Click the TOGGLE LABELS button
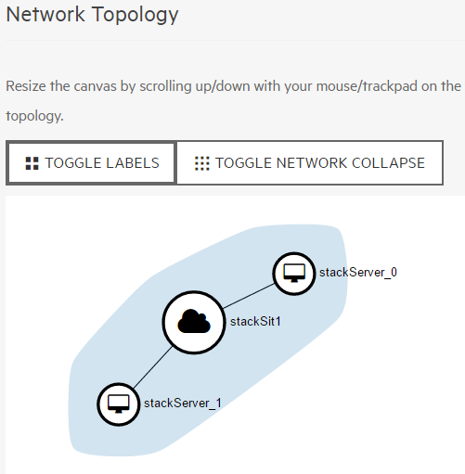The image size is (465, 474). pos(91,163)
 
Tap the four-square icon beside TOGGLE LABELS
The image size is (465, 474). pos(32,163)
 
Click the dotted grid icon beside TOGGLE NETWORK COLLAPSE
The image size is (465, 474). pos(202,163)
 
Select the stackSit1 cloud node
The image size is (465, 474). pos(194,322)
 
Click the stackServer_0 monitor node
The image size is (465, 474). pos(294,274)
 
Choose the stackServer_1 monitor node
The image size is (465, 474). pos(119,404)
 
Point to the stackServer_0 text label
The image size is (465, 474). pos(358,273)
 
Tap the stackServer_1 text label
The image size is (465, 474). pos(183,404)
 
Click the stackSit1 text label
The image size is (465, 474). pos(255,322)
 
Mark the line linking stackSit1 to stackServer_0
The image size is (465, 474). pos(249,296)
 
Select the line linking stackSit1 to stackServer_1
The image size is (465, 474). pos(152,367)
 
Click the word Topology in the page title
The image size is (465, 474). pos(136,15)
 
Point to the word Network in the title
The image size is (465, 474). pos(45,14)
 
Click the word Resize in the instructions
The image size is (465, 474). pos(26,86)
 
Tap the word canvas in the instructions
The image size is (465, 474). pos(95,86)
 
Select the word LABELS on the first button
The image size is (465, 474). pos(133,163)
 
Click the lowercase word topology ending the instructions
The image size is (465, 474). pos(34,116)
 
